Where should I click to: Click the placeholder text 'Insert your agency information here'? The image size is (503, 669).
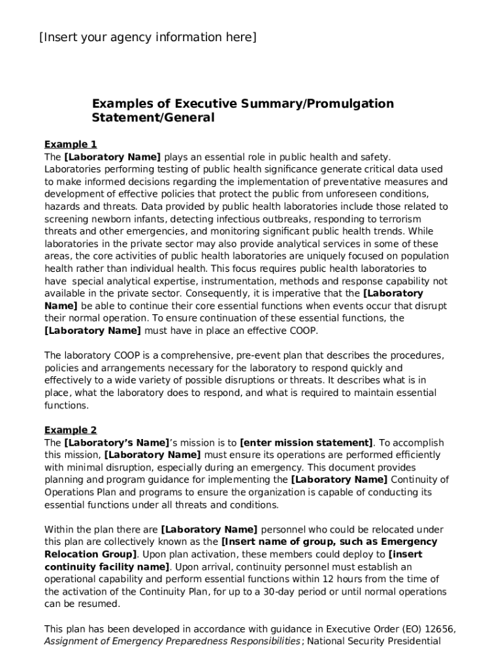pyautogui.click(x=148, y=37)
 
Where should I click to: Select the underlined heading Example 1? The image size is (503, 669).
pyautogui.click(x=71, y=144)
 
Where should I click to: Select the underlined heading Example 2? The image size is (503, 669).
pyautogui.click(x=71, y=430)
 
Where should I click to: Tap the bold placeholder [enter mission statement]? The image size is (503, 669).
pyautogui.click(x=307, y=442)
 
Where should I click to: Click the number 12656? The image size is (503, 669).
pyautogui.click(x=439, y=629)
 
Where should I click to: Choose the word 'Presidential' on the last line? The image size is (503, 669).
pyautogui.click(x=410, y=642)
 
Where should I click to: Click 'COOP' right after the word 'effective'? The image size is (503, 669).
pyautogui.click(x=303, y=331)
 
